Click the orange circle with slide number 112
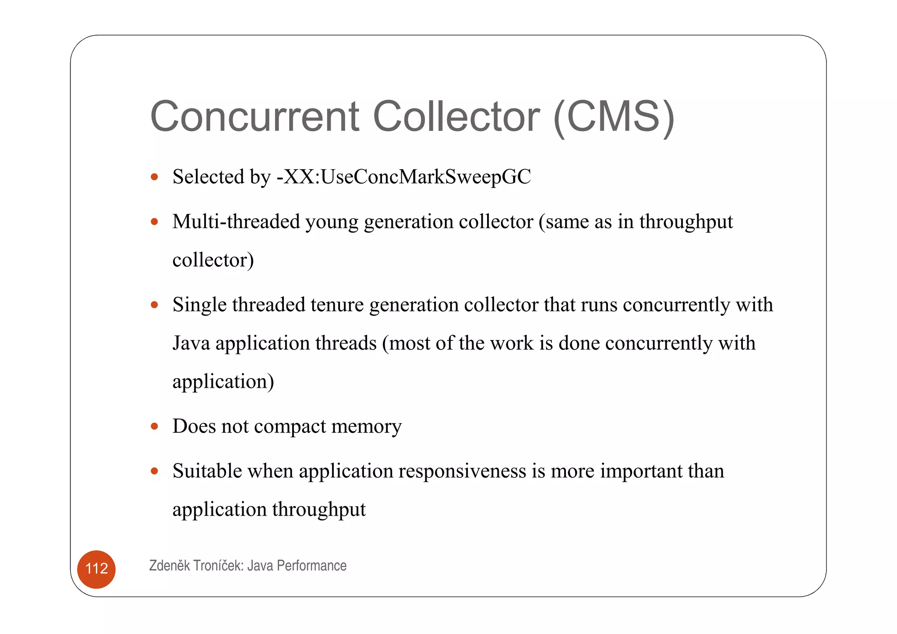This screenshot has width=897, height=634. (96, 569)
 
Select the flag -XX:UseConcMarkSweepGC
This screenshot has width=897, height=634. (403, 177)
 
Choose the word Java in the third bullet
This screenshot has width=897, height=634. (191, 343)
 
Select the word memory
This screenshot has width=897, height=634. (366, 427)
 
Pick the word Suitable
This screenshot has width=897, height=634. (207, 471)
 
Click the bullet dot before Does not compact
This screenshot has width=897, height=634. (154, 426)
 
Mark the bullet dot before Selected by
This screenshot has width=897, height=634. (154, 177)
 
